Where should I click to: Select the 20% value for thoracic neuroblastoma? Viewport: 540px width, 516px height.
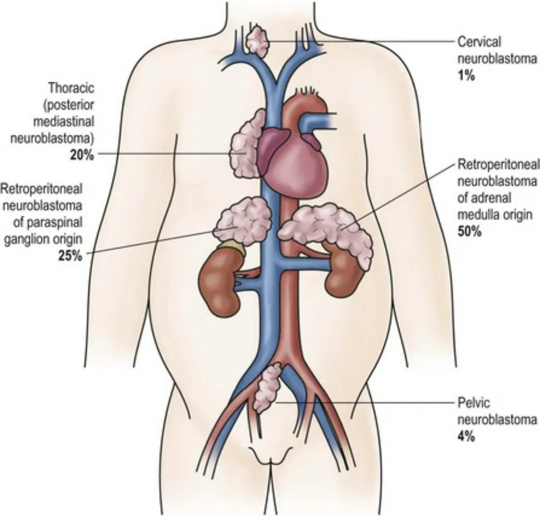pos(82,155)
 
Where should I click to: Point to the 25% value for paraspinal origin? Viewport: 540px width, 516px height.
pos(70,256)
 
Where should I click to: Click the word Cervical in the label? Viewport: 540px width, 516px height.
pos(479,42)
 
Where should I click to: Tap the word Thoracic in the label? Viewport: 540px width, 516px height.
pos(71,88)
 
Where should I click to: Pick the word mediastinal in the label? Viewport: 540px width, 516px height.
pos(63,121)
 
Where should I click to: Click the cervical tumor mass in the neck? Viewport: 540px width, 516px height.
pos(257,42)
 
